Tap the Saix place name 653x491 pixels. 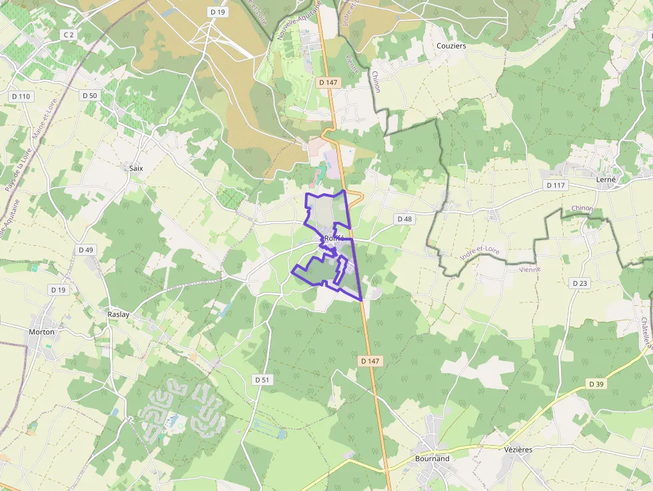[x=136, y=169]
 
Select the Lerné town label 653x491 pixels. [x=606, y=179]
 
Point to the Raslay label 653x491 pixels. [x=118, y=314]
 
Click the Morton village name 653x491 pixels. [x=42, y=331]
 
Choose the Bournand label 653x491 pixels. [x=432, y=458]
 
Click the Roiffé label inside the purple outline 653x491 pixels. [x=333, y=239]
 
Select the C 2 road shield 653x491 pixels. [x=68, y=34]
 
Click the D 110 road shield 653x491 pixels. [x=21, y=97]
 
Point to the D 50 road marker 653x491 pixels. [x=90, y=95]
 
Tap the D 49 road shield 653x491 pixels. [x=86, y=250]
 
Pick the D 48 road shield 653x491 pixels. [x=404, y=219]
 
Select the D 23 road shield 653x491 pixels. [x=580, y=283]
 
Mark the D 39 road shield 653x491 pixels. [x=596, y=384]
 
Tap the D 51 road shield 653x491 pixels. [x=263, y=379]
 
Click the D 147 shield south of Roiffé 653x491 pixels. [x=370, y=360]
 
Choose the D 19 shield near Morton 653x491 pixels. [x=59, y=290]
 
